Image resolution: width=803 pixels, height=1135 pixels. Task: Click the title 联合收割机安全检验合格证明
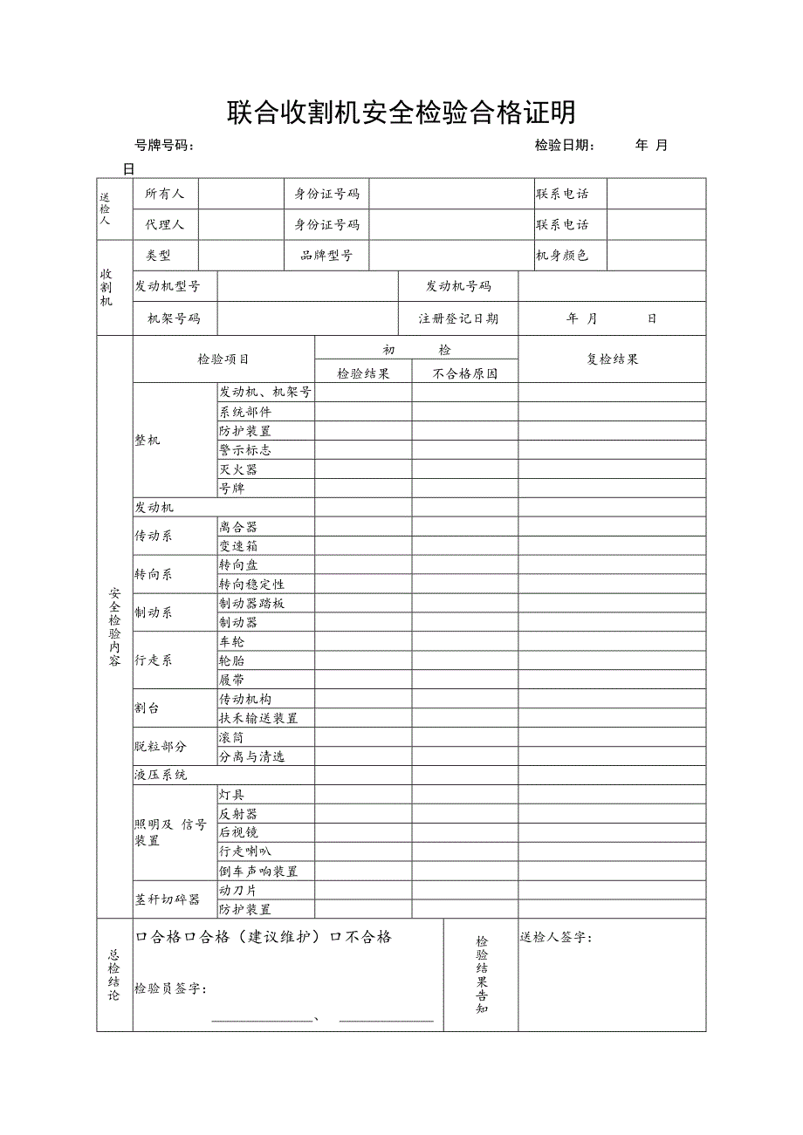(x=401, y=113)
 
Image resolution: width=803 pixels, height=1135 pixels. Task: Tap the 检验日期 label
(x=564, y=146)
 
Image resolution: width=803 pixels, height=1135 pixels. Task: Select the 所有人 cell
(x=165, y=194)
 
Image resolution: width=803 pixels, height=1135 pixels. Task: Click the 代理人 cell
(x=165, y=224)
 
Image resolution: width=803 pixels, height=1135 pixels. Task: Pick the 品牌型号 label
(x=326, y=256)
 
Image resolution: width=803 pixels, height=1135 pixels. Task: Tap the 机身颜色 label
(x=562, y=256)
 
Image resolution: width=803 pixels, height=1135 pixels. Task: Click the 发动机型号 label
(x=168, y=286)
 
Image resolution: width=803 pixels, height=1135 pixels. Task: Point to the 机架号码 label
(x=174, y=318)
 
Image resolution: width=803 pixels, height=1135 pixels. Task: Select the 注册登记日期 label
(x=458, y=318)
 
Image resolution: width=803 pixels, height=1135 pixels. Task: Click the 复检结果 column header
(x=612, y=359)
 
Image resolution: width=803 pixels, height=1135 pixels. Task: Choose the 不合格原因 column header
(x=464, y=373)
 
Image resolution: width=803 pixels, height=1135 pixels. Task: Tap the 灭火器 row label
(x=238, y=469)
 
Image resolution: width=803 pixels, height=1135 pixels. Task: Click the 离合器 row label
(x=238, y=527)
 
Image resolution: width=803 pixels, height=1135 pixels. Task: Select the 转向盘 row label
(x=238, y=565)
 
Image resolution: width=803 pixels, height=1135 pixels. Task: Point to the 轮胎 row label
(x=232, y=661)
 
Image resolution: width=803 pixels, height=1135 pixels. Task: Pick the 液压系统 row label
(x=161, y=775)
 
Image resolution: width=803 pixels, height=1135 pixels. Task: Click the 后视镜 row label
(x=238, y=832)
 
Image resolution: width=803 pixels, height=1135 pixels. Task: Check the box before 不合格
(x=335, y=937)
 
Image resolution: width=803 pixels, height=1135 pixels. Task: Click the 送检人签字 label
(x=556, y=937)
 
